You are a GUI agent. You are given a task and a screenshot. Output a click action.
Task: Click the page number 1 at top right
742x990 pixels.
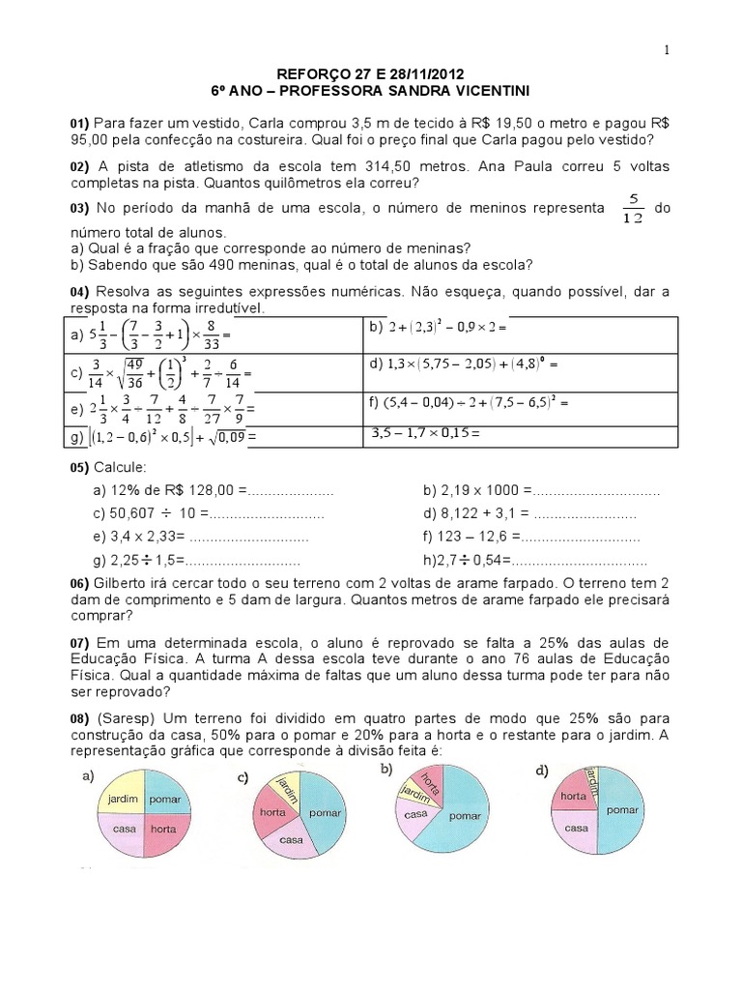(666, 50)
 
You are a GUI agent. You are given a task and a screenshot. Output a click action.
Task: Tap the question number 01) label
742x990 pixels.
(79, 124)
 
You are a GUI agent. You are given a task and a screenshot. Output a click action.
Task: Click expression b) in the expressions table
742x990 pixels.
(438, 328)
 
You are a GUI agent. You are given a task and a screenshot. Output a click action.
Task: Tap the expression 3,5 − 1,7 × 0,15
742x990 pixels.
(426, 433)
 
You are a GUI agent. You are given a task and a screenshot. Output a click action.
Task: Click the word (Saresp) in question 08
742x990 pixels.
(123, 719)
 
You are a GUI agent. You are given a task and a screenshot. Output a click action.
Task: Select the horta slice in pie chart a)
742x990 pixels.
(164, 830)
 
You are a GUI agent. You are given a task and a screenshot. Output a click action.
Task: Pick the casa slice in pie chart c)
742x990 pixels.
(292, 839)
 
